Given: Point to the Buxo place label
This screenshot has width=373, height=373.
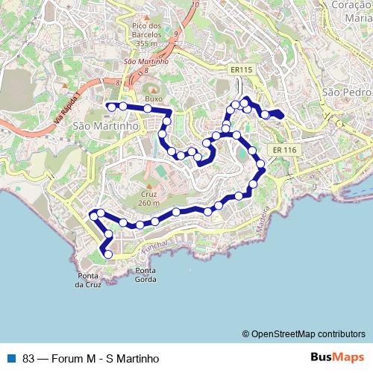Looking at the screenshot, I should pos(153,98).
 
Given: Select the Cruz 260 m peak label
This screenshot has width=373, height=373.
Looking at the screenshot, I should pos(148,198).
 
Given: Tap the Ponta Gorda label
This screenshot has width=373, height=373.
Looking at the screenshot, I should pos(146,275).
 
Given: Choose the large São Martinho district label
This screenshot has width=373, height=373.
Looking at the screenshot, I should pos(107,127).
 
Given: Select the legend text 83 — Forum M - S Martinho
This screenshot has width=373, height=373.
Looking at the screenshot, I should pos(91,358).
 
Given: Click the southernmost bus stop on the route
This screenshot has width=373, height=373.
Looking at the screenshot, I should pos(108,254).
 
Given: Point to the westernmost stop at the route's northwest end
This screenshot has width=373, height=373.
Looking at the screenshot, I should pos(112,107).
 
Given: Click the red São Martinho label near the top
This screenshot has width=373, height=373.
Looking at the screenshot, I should pos(145,61).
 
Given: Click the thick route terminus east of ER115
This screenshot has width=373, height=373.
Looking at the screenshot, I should pos(278,114).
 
